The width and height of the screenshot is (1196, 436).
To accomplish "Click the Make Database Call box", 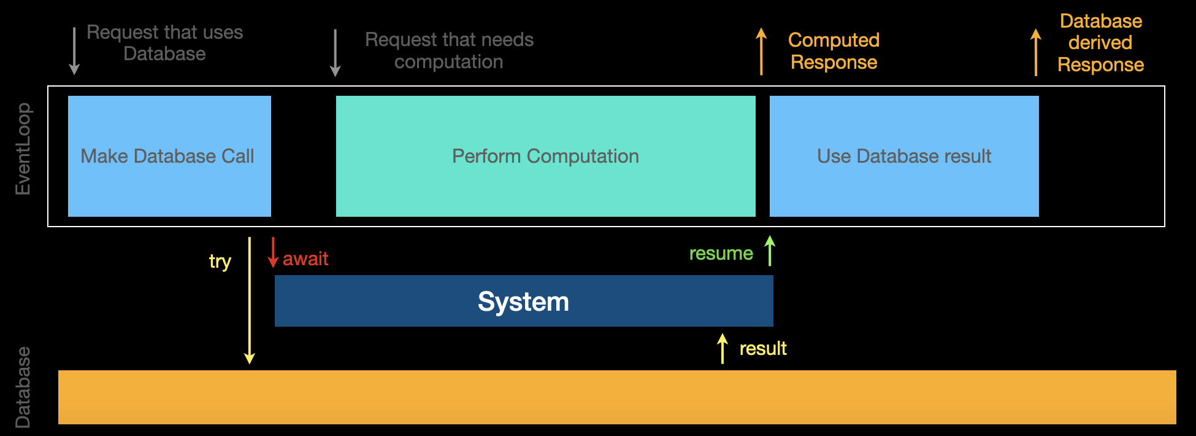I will [x=169, y=156].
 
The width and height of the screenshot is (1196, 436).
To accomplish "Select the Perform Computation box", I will [x=545, y=156].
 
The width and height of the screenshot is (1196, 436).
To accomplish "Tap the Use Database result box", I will [x=904, y=156].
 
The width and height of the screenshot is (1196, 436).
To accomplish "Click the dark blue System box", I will [x=523, y=301].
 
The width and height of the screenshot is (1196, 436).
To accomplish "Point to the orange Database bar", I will [x=616, y=397].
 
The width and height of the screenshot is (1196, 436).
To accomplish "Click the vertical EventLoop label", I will [x=23, y=149].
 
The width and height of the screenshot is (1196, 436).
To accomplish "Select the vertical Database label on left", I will [x=23, y=387].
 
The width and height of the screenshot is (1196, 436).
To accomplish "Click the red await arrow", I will [x=273, y=252].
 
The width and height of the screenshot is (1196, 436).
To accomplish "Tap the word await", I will [x=305, y=259].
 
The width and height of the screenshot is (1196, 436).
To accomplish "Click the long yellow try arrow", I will [x=249, y=301].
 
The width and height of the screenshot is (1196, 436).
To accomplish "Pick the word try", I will [x=220, y=262].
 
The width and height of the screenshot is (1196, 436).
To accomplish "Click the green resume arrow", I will [x=770, y=251].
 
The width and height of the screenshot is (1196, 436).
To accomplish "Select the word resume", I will [x=721, y=254].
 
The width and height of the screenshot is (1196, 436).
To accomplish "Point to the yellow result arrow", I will [x=723, y=348].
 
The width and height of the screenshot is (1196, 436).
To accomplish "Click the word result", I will [x=762, y=349].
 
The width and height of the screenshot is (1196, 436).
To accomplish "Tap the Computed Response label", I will [x=834, y=51].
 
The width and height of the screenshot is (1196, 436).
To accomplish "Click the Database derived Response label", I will [x=1100, y=43].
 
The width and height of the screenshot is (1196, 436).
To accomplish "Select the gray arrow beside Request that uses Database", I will [x=74, y=51].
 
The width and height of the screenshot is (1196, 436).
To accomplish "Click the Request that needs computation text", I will [x=449, y=50].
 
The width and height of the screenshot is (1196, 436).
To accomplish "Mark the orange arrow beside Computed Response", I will [x=761, y=52].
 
